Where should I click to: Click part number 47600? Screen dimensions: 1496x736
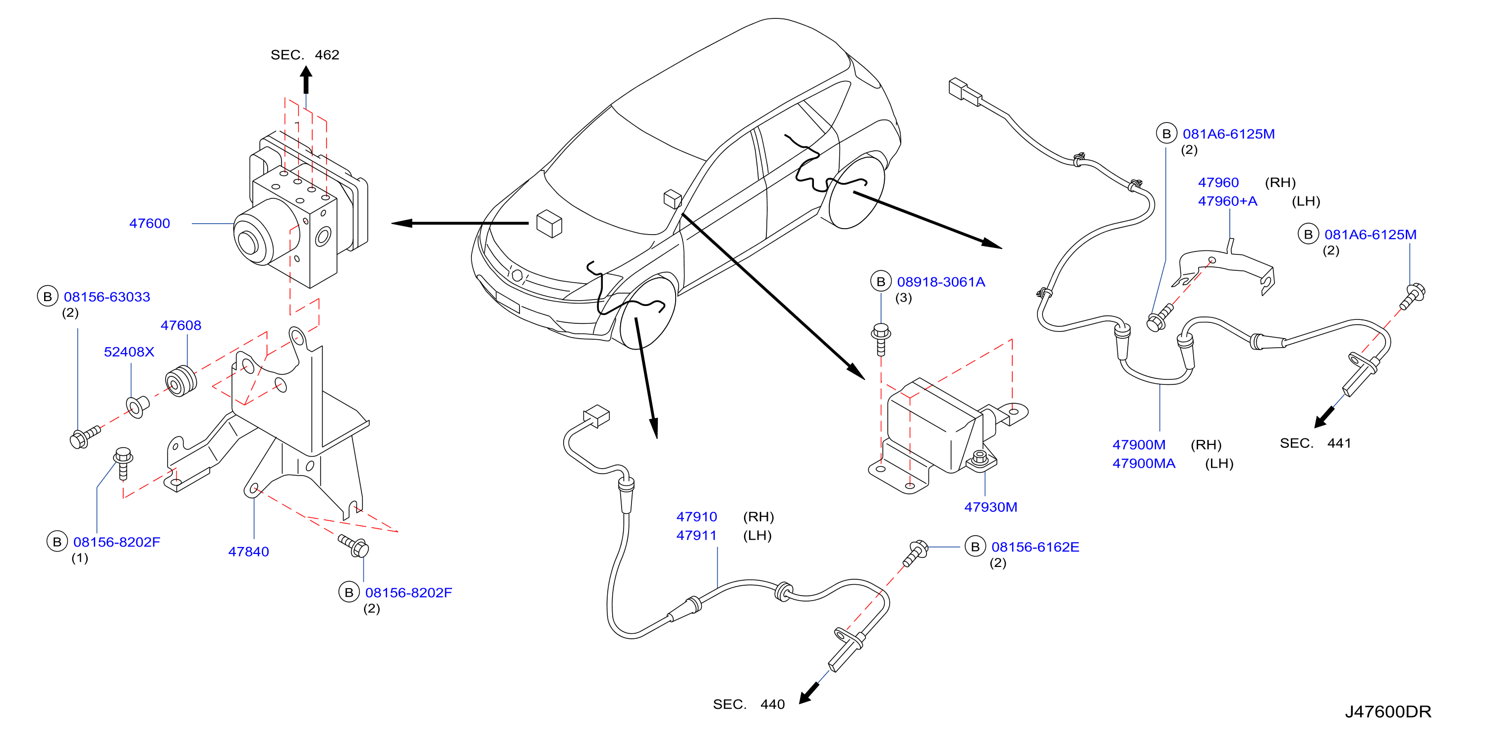pos(149,224)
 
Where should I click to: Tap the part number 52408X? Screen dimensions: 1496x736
pos(129,352)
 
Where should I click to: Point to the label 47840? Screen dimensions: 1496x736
pos(248,552)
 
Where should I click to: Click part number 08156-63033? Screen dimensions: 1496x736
pos(107,297)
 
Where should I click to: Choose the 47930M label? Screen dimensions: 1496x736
pos(991,507)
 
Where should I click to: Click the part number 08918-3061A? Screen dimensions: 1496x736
pos(941,282)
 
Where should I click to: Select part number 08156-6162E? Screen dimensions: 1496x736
pos(1035,547)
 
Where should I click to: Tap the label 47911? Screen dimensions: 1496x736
pos(696,536)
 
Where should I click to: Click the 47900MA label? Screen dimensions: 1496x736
pos(1144,464)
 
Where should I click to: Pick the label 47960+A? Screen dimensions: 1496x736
pos(1227,201)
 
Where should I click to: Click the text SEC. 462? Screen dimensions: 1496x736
pos(305,55)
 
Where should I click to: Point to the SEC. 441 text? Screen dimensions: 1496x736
pos(1316,443)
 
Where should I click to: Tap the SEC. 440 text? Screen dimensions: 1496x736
pos(748,704)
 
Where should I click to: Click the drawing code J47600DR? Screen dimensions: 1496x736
pos(1388,712)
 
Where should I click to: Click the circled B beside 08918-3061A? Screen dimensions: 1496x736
pos(880,282)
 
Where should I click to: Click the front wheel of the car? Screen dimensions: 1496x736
pos(646,312)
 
